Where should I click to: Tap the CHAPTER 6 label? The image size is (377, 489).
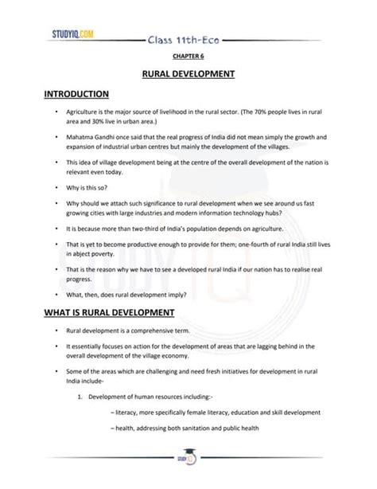click(x=188, y=57)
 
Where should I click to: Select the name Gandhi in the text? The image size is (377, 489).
click(x=128, y=137)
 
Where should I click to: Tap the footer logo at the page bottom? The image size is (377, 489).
click(x=188, y=459)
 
